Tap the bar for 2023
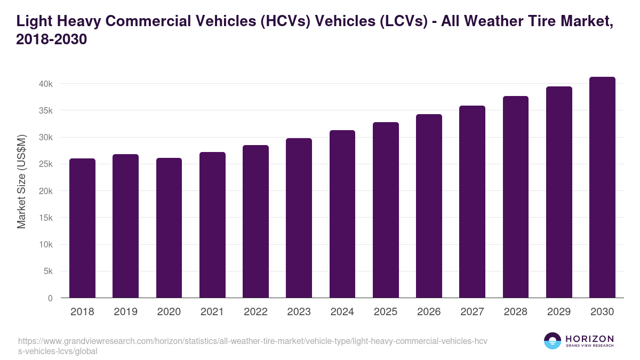(x=299, y=218)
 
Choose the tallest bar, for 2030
(x=602, y=187)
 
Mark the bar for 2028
(x=516, y=197)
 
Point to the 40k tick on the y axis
(x=45, y=84)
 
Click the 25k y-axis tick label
(x=45, y=164)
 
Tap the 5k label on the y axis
(x=47, y=271)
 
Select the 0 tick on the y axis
(x=50, y=298)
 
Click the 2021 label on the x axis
(x=212, y=312)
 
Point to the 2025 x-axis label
(x=386, y=312)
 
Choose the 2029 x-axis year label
(x=559, y=312)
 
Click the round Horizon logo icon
(x=552, y=341)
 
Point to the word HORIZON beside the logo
(x=589, y=339)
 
